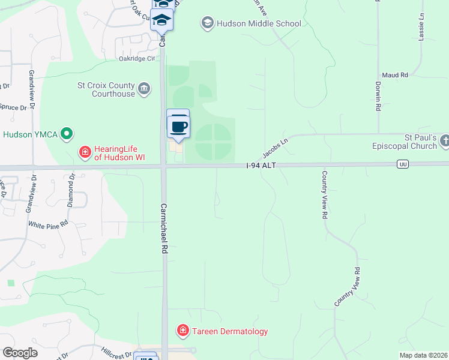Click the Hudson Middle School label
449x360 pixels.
click(x=259, y=24)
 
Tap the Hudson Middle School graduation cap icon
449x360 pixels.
click(x=208, y=23)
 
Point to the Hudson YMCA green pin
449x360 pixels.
click(x=67, y=134)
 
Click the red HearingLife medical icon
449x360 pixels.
click(x=85, y=153)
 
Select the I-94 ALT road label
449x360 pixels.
click(x=261, y=165)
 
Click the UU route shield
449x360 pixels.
click(x=403, y=164)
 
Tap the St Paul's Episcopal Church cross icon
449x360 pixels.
click(x=444, y=141)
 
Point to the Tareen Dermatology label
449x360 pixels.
click(x=230, y=331)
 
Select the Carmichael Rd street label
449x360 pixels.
click(x=163, y=229)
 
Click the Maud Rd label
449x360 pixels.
click(x=394, y=75)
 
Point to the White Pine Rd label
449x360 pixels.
click(x=49, y=223)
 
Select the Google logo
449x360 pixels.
click(x=20, y=353)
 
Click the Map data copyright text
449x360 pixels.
click(x=423, y=355)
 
